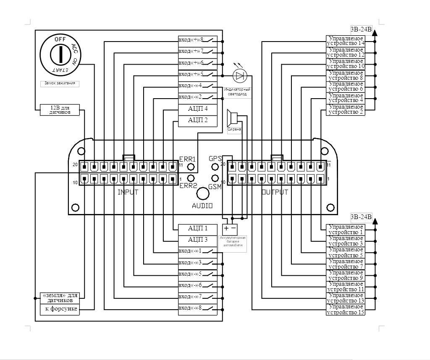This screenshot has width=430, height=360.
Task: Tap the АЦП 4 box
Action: click(x=198, y=109)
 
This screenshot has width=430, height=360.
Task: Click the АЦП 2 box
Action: click(x=198, y=120)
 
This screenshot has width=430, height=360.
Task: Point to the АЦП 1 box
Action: click(x=198, y=229)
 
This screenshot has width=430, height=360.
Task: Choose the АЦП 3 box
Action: click(x=198, y=240)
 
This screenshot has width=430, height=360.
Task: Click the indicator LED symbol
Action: click(x=240, y=76)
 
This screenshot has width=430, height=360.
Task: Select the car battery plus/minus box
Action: click(x=230, y=229)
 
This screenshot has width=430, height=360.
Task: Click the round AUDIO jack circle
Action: click(x=203, y=193)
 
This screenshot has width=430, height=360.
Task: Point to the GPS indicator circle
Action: click(x=215, y=166)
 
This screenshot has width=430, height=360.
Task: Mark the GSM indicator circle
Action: click(x=215, y=178)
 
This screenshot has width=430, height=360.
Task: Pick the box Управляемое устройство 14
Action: click(x=345, y=41)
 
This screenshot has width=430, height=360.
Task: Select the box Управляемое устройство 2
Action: click(x=345, y=109)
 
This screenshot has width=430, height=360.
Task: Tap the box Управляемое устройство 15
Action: click(x=345, y=310)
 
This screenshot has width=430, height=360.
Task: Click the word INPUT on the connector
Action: click(x=128, y=193)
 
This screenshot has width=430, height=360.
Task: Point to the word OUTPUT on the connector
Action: click(x=275, y=193)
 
